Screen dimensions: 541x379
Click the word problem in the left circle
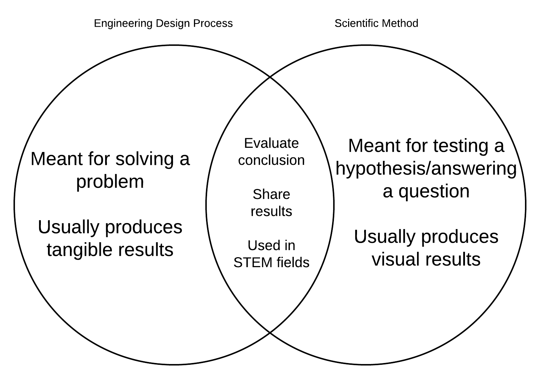(110, 182)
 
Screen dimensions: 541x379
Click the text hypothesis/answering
(426, 168)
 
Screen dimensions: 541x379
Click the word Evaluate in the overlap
(271, 143)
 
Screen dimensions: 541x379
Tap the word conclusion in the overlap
(271, 160)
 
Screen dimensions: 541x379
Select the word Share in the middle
(271, 194)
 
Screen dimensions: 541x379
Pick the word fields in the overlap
(293, 262)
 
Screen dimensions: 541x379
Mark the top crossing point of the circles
(270, 76)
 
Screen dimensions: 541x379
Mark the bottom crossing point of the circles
(270, 333)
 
